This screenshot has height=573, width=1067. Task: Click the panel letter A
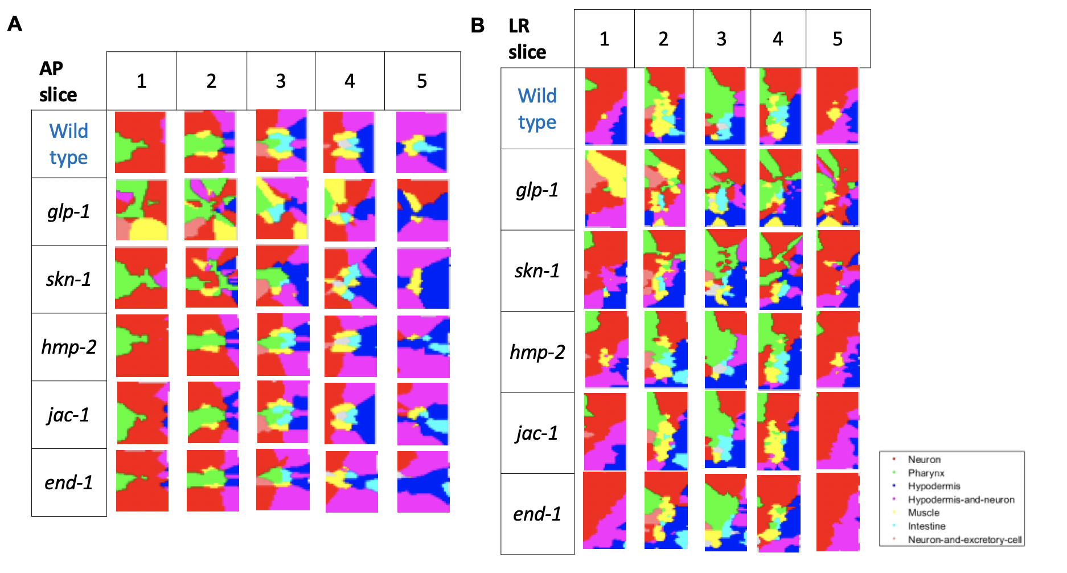click(15, 24)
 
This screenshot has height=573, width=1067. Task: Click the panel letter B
click(478, 26)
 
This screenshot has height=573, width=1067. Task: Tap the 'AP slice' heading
click(58, 81)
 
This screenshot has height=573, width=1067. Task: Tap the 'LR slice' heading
click(527, 39)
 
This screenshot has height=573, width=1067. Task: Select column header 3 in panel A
click(281, 81)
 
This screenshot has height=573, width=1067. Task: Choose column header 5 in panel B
click(838, 39)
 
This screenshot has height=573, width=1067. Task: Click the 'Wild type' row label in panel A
click(69, 144)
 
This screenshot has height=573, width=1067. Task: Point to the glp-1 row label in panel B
click(537, 190)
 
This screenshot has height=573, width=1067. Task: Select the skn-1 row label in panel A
click(68, 279)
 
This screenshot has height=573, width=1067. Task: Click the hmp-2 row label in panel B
click(537, 352)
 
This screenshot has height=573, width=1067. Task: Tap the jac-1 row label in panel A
click(68, 415)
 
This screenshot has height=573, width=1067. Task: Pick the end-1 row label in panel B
click(537, 514)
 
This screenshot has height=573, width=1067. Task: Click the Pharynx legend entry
click(926, 473)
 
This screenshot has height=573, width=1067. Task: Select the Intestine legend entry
click(926, 526)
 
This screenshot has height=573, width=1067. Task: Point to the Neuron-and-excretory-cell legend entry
click(965, 539)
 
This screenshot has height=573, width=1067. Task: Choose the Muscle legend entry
click(924, 513)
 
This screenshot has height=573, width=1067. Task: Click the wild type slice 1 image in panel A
click(141, 142)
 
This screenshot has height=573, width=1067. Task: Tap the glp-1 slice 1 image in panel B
click(606, 189)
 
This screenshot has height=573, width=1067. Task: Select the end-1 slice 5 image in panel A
click(423, 482)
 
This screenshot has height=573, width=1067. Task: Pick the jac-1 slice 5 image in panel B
click(837, 431)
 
